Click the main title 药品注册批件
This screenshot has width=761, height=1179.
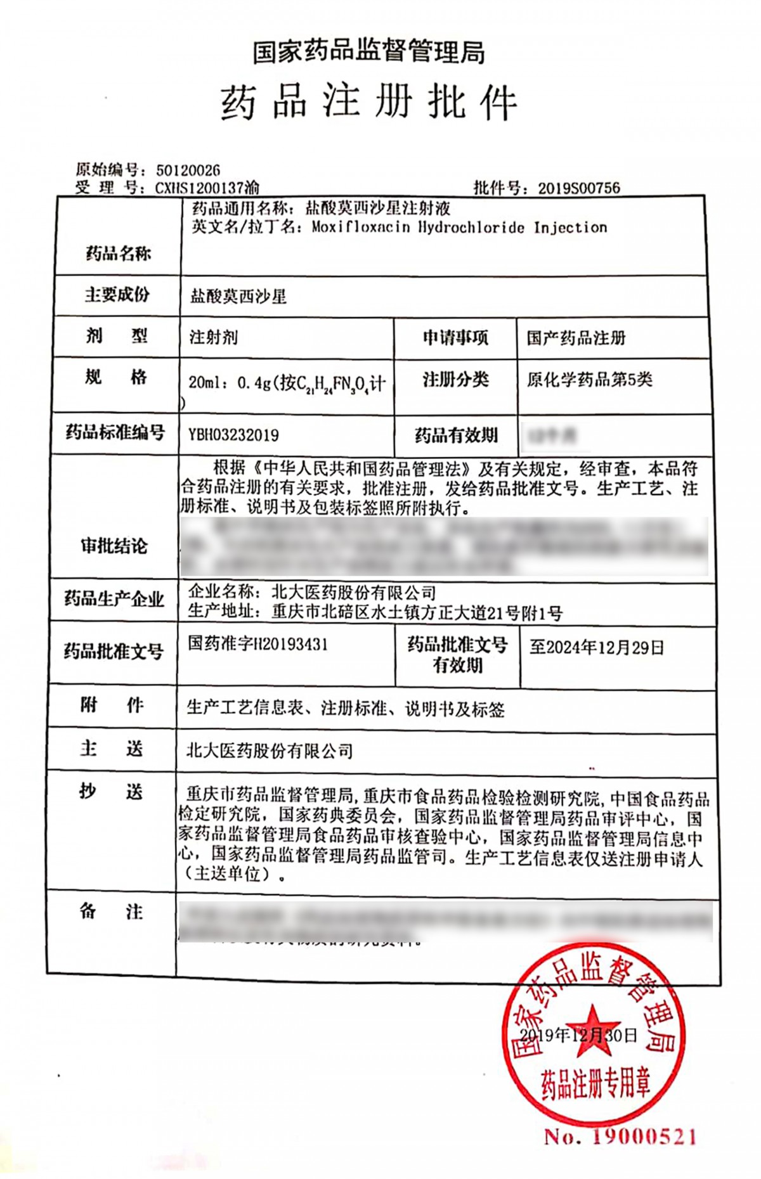coord(369,103)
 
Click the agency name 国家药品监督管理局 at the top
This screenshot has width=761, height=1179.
coord(369,52)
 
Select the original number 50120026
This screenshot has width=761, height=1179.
coord(188,170)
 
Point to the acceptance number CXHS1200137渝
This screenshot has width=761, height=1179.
coord(207,188)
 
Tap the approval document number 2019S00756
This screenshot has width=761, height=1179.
coord(579,188)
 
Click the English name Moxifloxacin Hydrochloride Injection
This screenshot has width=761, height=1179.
coord(459,228)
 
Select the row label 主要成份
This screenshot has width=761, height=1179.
coord(117,295)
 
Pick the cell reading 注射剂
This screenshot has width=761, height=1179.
coord(214,337)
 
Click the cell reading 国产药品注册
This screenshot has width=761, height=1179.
coord(576,338)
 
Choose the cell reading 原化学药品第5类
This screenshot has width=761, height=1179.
coord(589,379)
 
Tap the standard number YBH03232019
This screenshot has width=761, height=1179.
coord(233,435)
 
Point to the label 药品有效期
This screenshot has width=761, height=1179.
coord(456,435)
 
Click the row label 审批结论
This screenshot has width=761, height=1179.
coord(114,546)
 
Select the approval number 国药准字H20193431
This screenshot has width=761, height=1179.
coord(257,644)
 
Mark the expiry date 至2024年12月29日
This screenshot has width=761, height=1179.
coord(597,647)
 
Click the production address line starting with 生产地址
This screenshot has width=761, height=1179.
coord(375,612)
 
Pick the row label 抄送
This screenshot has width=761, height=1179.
coord(112,792)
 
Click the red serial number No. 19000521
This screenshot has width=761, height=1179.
coord(620,1137)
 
